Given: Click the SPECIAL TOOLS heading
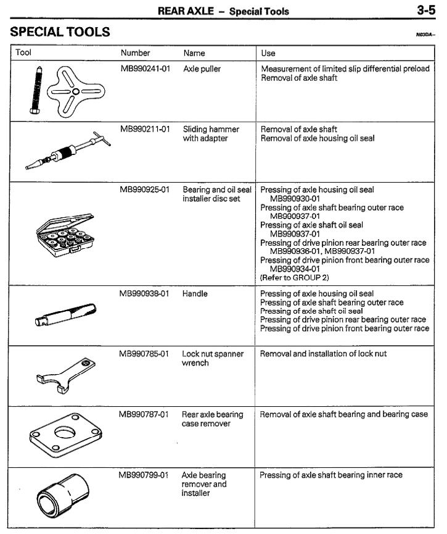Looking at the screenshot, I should click(x=60, y=31).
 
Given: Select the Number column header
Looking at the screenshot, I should click(x=135, y=53).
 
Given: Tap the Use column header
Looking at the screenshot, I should click(x=268, y=53).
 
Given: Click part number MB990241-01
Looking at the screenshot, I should click(x=145, y=69).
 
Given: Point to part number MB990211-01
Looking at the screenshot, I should click(x=145, y=130).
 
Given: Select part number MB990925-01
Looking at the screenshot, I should click(x=145, y=190).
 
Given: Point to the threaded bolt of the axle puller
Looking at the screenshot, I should click(x=34, y=89).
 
